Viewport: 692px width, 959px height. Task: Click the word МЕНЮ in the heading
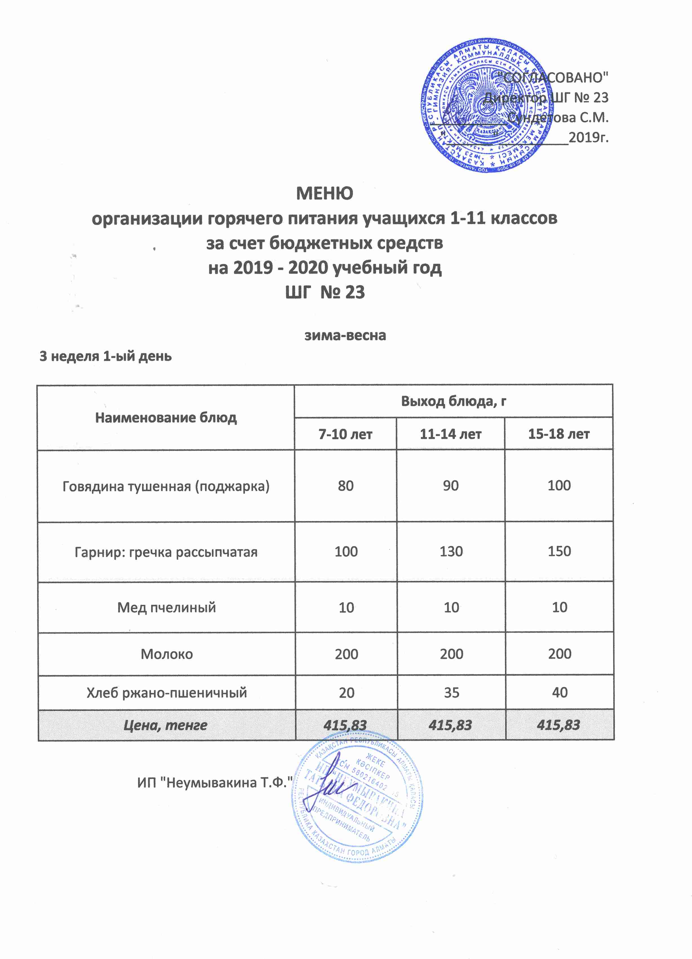pos(324,193)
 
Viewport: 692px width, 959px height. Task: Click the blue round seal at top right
pos(486,107)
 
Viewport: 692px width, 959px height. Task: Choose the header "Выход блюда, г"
pos(453,401)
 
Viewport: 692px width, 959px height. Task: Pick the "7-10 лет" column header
pos(345,434)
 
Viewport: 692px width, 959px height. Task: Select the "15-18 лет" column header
pos(558,434)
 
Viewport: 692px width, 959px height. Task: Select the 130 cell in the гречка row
pos(451,552)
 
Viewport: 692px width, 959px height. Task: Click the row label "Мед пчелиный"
pos(167,608)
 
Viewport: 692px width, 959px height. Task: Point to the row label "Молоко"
pos(167,654)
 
